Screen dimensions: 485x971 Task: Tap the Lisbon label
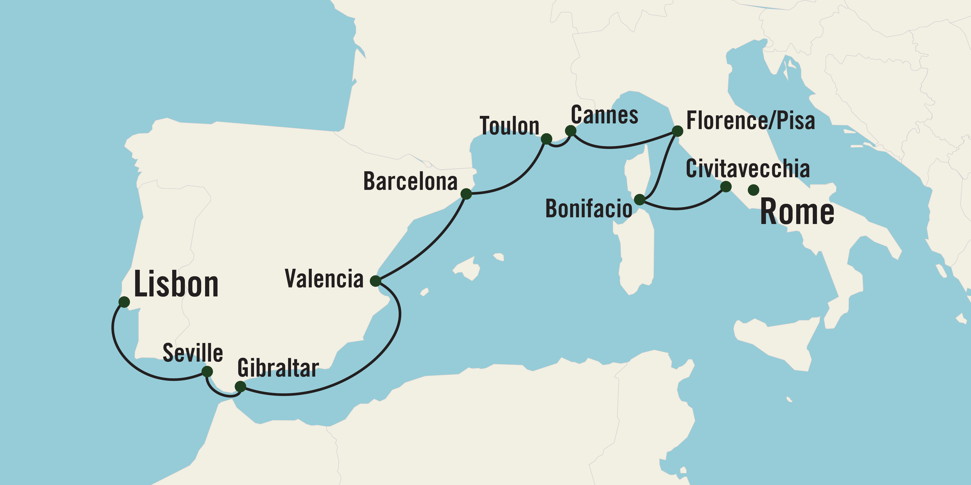tap(176, 284)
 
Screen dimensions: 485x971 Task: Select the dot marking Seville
tap(207, 372)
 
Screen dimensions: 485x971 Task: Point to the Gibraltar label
tap(278, 368)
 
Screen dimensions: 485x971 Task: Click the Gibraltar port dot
tap(240, 387)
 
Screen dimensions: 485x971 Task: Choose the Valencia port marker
tap(375, 281)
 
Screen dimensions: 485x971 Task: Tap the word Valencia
tap(324, 279)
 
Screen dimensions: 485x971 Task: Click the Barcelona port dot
tap(466, 194)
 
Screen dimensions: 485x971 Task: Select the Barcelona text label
tap(410, 182)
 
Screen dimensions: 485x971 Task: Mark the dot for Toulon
tap(546, 139)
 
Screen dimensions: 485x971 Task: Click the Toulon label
tap(509, 126)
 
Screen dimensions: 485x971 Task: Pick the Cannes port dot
tap(571, 131)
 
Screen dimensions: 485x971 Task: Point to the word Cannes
tap(604, 115)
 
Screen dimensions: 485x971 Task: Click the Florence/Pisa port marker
tap(677, 131)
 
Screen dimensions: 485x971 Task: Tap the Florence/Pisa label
tap(750, 121)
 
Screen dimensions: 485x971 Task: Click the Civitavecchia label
tap(748, 169)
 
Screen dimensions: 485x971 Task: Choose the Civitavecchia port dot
tap(726, 186)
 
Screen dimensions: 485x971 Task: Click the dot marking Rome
tap(753, 190)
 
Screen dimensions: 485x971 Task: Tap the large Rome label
tap(797, 212)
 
